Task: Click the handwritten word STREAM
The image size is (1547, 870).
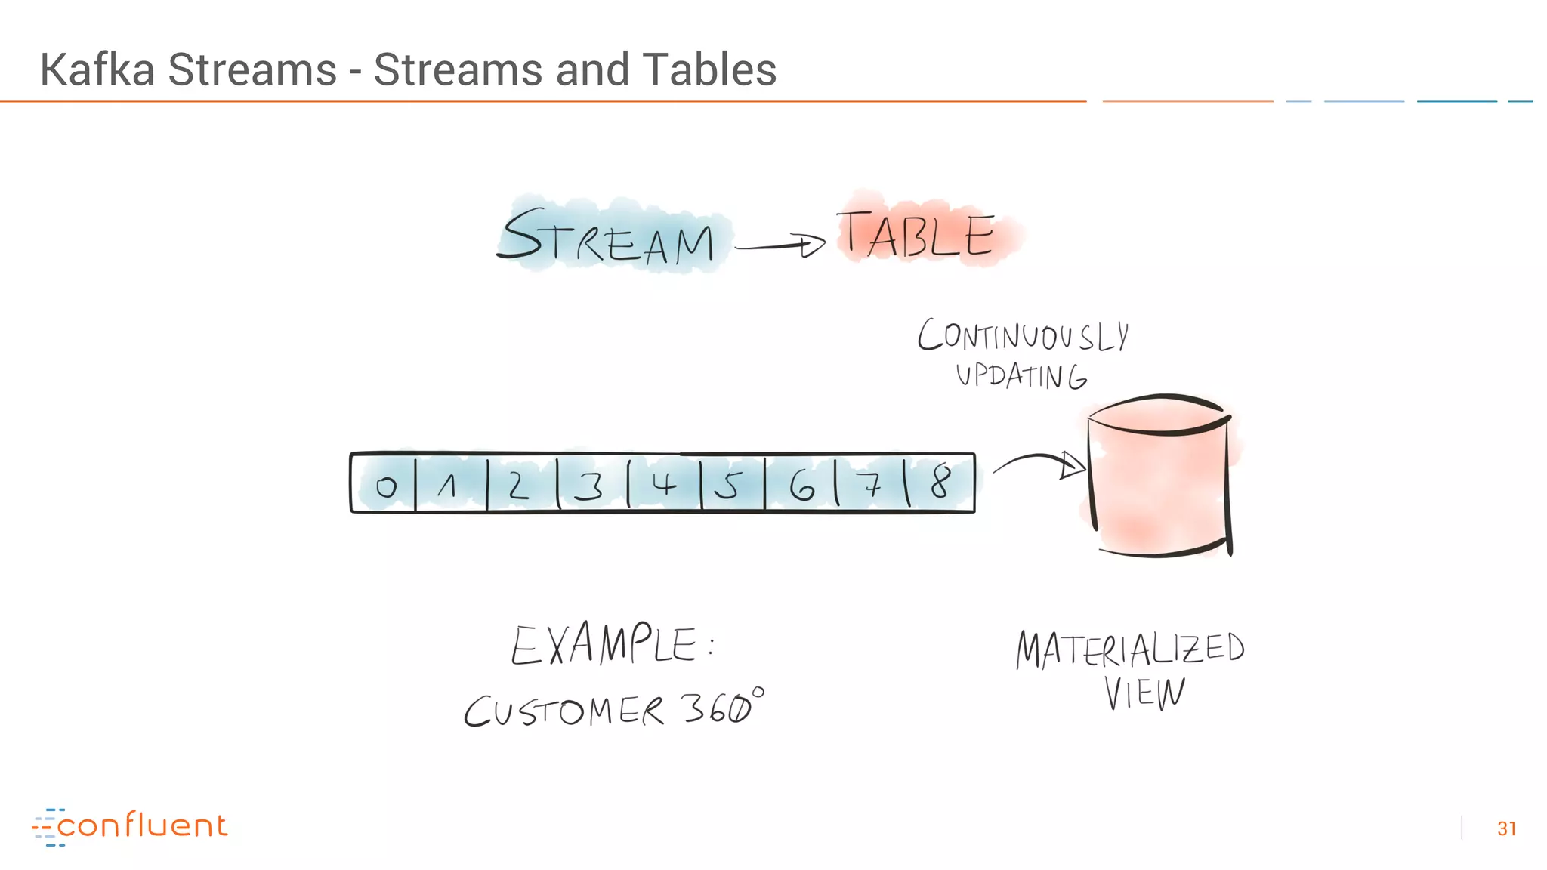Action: click(x=609, y=237)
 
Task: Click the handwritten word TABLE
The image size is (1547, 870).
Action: click(x=916, y=233)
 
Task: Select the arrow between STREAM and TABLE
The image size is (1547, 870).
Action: click(x=780, y=245)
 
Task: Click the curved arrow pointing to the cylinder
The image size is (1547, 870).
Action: click(x=1039, y=462)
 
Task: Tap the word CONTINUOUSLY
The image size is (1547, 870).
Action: click(x=1024, y=335)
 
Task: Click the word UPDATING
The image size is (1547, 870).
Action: click(x=1021, y=375)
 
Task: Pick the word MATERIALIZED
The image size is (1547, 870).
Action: click(x=1130, y=649)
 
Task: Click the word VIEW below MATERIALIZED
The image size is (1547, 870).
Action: click(x=1144, y=693)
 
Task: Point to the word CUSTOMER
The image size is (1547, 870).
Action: click(x=564, y=711)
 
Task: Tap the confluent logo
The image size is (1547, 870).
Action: click(x=130, y=826)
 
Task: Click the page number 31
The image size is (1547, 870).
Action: click(x=1506, y=828)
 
